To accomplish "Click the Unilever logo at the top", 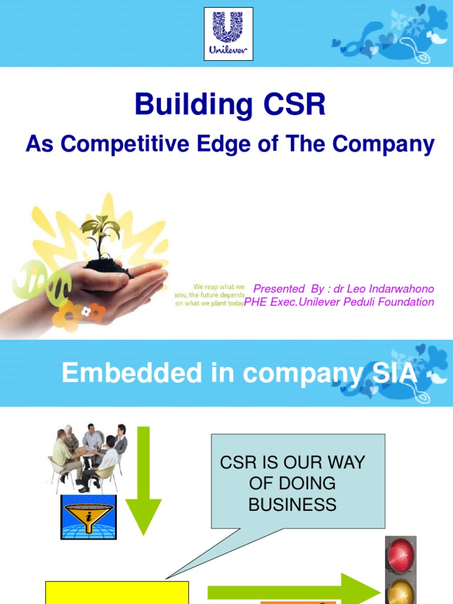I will [228, 34].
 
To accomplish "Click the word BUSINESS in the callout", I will [292, 504].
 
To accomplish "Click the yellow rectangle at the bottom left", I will [117, 593].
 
